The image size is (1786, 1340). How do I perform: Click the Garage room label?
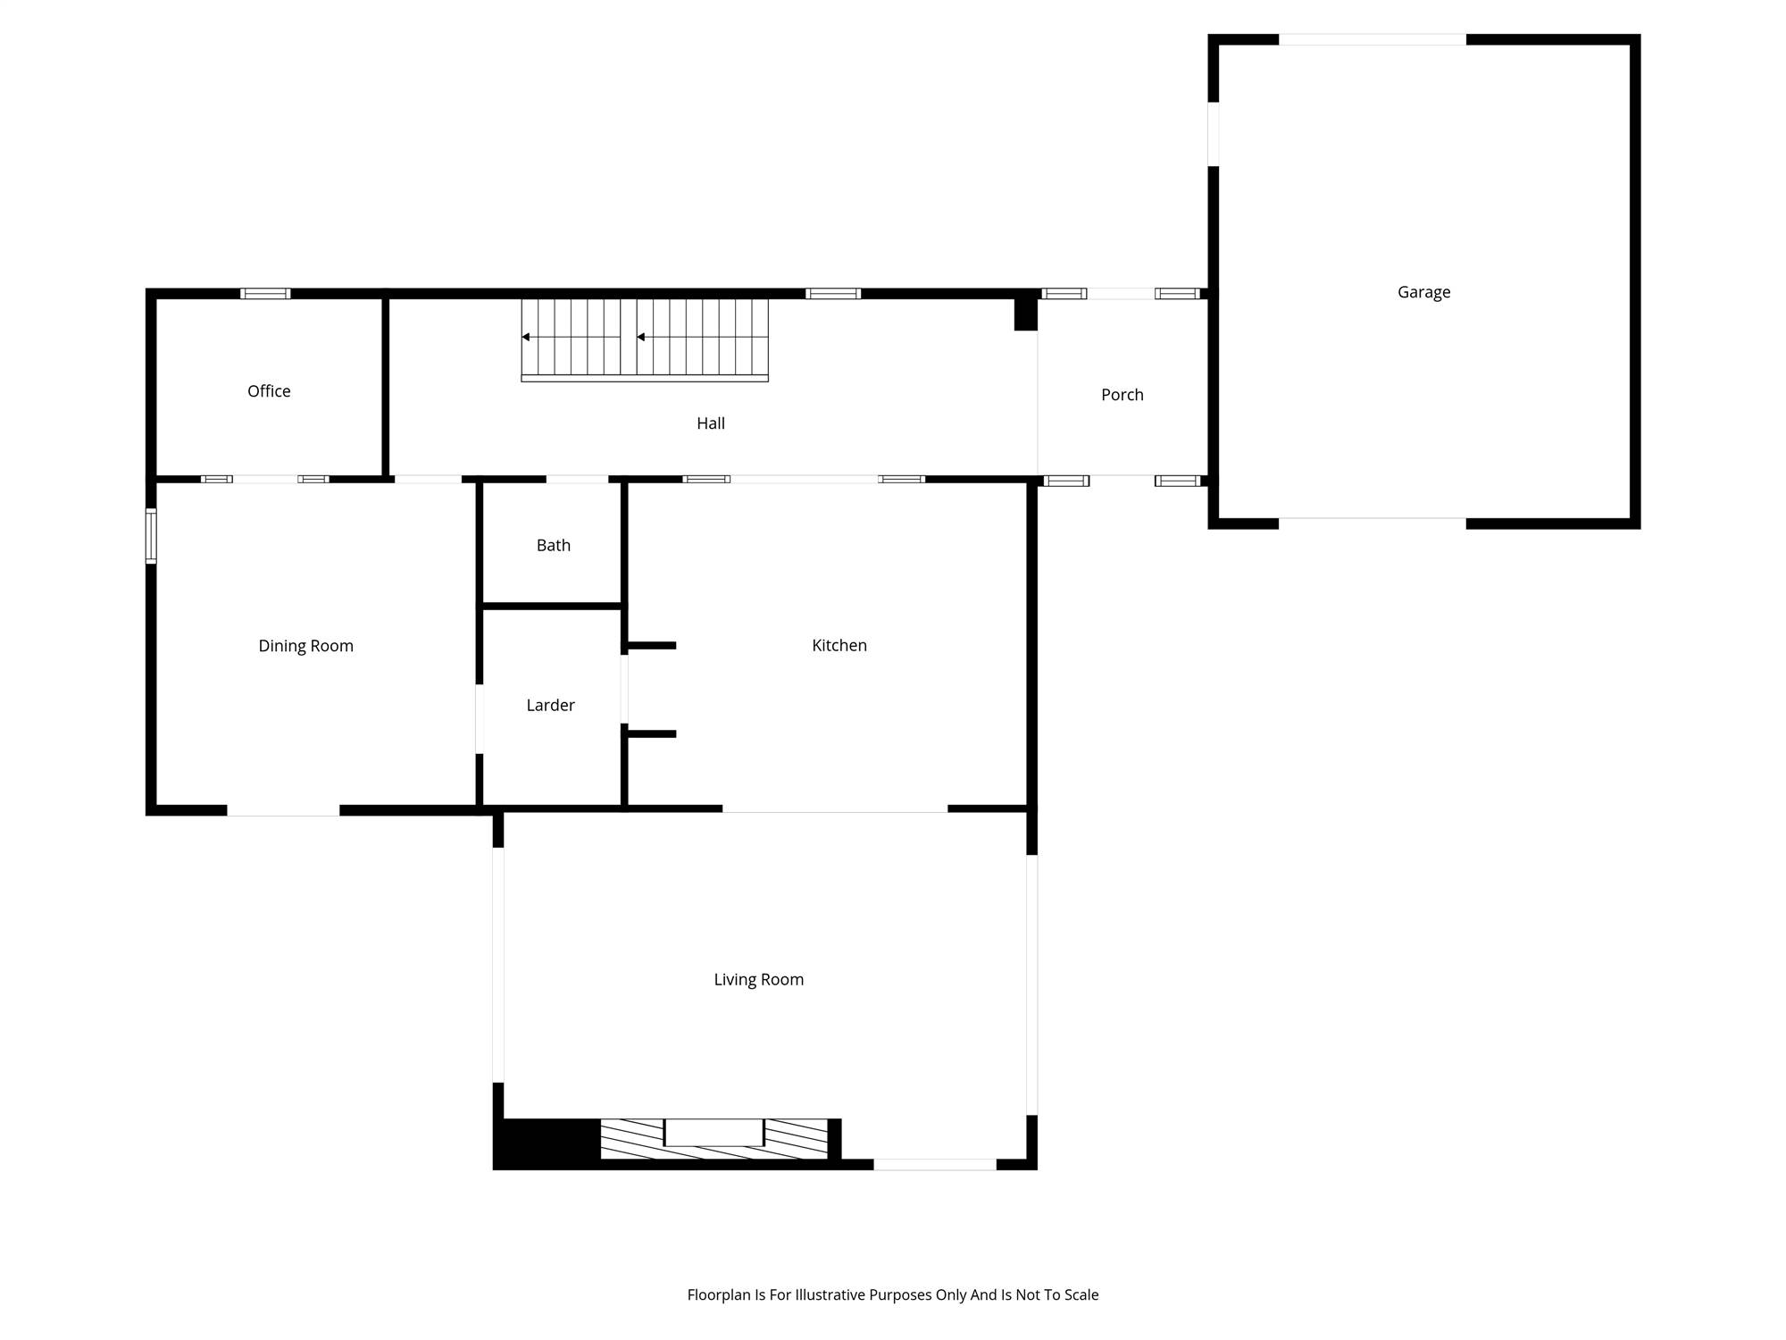click(x=1423, y=292)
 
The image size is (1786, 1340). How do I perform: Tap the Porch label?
click(x=1122, y=395)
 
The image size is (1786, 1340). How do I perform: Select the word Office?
click(x=269, y=391)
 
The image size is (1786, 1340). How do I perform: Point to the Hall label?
click(x=711, y=423)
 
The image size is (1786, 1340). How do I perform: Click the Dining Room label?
click(x=305, y=646)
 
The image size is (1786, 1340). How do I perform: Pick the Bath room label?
click(x=554, y=545)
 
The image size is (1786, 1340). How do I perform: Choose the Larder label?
click(x=550, y=705)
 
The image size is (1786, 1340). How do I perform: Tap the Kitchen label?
click(x=839, y=645)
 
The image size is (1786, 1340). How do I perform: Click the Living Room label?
click(x=758, y=980)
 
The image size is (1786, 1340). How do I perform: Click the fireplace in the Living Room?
click(x=714, y=1138)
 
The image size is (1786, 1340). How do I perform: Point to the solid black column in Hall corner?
click(x=1025, y=314)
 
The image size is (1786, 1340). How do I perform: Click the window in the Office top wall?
click(x=265, y=293)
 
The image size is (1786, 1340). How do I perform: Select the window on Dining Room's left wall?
click(x=151, y=536)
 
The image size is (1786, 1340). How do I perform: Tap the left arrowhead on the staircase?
click(x=526, y=337)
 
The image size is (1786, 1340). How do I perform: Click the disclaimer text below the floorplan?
click(x=893, y=1294)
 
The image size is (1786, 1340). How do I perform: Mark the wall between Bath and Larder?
click(x=551, y=606)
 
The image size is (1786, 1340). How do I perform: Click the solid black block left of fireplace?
click(x=547, y=1142)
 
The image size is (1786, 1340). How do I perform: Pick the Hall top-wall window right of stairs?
click(x=833, y=293)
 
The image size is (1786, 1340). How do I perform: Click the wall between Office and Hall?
click(x=386, y=386)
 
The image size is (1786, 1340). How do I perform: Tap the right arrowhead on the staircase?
click(x=641, y=337)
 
